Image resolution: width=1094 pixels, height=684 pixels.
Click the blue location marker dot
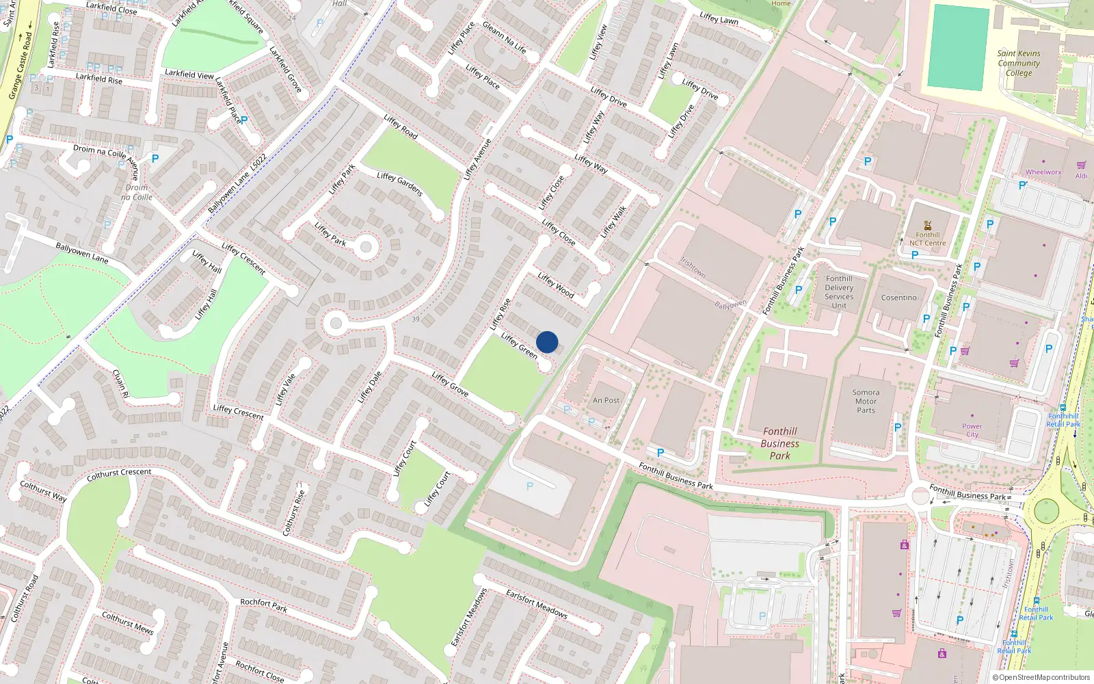pos(547,342)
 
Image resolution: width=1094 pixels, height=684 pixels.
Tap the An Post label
pos(606,401)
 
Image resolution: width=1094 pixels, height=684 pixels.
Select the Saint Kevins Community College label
pos(1018,63)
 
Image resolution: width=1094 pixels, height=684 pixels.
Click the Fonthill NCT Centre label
pos(927,239)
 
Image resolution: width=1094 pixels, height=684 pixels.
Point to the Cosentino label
pos(898,298)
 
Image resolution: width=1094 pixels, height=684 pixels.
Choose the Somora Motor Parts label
pos(866,402)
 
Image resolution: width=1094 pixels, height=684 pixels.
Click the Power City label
pos(972,430)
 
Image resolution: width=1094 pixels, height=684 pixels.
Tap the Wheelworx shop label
pos(1043,172)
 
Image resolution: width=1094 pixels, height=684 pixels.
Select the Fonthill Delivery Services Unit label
pos(839,292)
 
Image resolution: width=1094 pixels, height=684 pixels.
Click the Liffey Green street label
pos(519,345)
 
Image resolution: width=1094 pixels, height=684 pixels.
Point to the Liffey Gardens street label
pos(400,184)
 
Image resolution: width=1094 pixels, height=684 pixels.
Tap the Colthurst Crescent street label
pos(119,474)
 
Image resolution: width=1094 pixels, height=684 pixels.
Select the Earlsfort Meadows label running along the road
pos(537,603)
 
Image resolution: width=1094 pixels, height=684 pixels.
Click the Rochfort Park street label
pos(263,605)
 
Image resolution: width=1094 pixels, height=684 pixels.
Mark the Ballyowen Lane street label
pos(82,253)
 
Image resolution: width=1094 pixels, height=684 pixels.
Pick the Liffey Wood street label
pos(555,285)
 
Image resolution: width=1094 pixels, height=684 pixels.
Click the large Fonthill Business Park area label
pos(779,443)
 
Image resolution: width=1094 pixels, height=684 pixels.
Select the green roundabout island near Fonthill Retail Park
pos(1046,510)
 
